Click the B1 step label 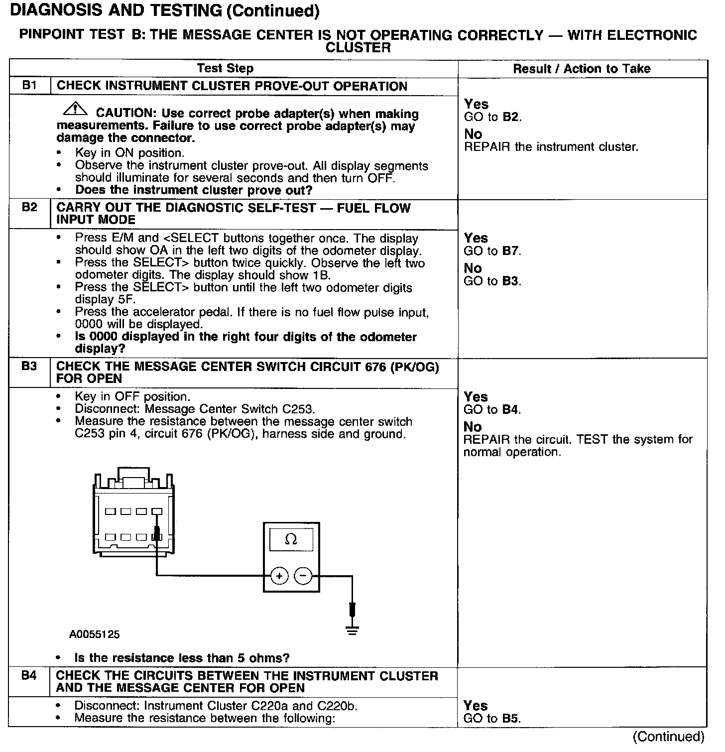click(29, 85)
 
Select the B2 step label click(29, 207)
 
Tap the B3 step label click(29, 366)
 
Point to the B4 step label click(29, 676)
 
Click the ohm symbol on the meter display click(291, 540)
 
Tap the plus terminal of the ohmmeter click(279, 576)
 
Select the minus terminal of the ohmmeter click(303, 576)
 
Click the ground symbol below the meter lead click(353, 631)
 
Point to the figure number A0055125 click(95, 634)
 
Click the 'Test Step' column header click(225, 68)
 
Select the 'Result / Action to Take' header click(582, 69)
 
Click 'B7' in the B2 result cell click(511, 251)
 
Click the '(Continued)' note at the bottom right click(668, 736)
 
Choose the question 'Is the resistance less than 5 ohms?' click(182, 658)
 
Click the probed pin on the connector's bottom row click(157, 537)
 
